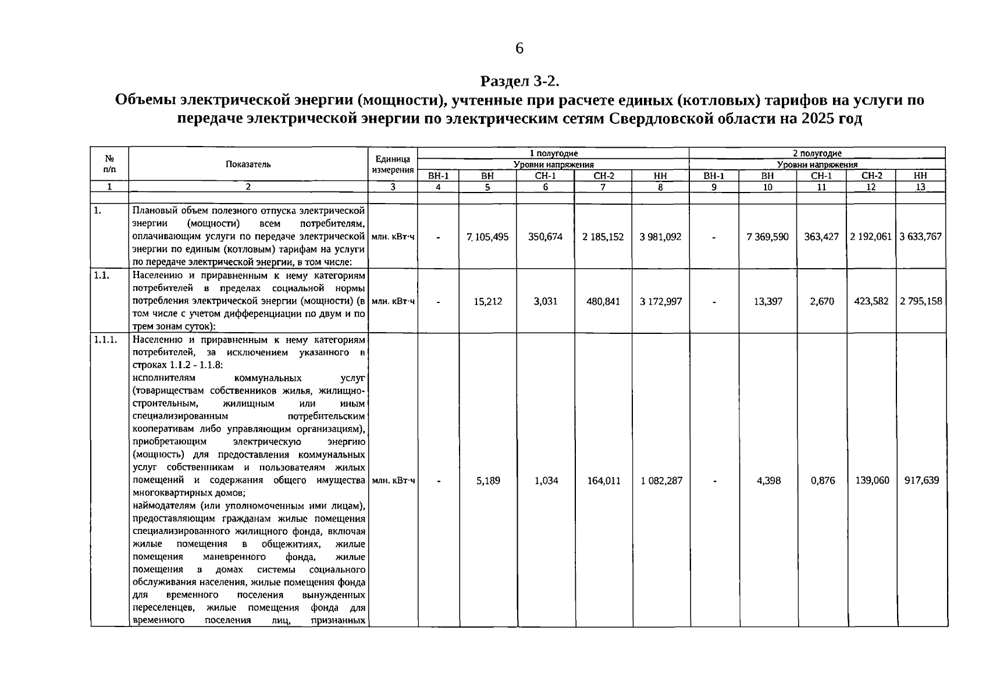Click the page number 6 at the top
pyautogui.click(x=519, y=48)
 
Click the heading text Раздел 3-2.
pyautogui.click(x=519, y=80)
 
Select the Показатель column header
pyautogui.click(x=248, y=164)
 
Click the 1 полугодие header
pyautogui.click(x=553, y=153)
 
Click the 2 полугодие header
pyautogui.click(x=817, y=153)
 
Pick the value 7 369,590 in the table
pyautogui.click(x=767, y=237)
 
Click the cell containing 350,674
pyautogui.click(x=545, y=237)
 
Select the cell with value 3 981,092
pyautogui.click(x=660, y=237)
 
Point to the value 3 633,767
pyautogui.click(x=920, y=237)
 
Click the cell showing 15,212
pyautogui.click(x=487, y=301)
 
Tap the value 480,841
pyautogui.click(x=603, y=301)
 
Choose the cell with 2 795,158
pyautogui.click(x=920, y=301)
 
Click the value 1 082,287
pyautogui.click(x=661, y=480)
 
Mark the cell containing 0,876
pyautogui.click(x=822, y=480)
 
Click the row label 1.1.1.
pyautogui.click(x=105, y=340)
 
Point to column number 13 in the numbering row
pyautogui.click(x=920, y=187)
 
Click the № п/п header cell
pyautogui.click(x=109, y=164)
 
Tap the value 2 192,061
pyautogui.click(x=870, y=237)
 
